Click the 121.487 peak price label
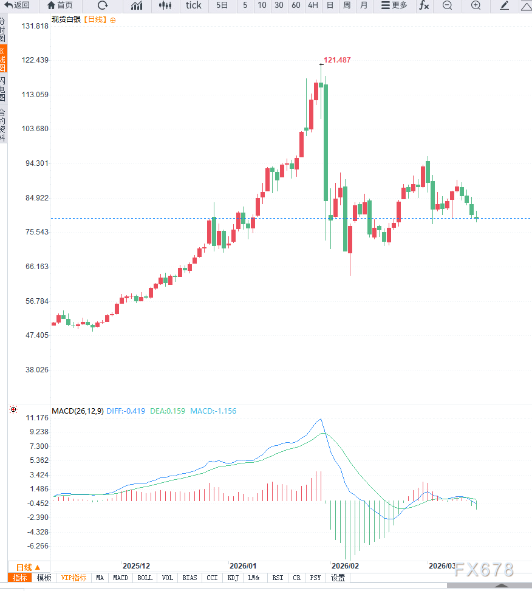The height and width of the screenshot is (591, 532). coord(337,60)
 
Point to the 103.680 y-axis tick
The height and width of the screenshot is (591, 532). coord(35,129)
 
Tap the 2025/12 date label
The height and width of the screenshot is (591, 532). coord(136,565)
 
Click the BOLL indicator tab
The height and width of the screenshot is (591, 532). coord(145,578)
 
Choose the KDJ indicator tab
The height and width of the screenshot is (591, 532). coord(233,578)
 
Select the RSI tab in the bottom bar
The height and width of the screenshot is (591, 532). coord(278,578)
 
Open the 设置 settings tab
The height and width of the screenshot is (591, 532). coord(338,578)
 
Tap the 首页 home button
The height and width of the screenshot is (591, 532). coord(60,5)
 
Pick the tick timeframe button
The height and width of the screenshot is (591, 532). coord(193,5)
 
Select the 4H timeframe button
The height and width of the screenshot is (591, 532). coord(313,5)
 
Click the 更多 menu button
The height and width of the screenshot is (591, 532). coord(394,5)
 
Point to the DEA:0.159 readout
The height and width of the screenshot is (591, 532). coord(168,411)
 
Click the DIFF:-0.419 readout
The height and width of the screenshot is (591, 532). coord(126,411)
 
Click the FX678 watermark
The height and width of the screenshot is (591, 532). coord(484,570)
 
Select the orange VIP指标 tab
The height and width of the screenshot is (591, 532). coord(74,578)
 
